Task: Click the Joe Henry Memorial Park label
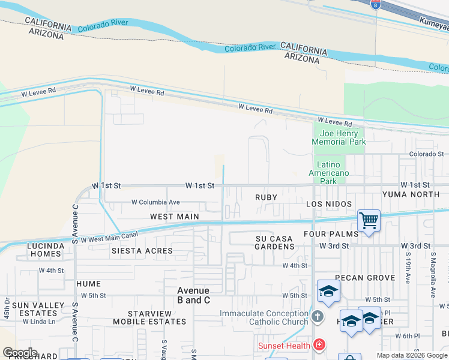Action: point(339,137)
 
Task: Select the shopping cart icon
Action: point(369,220)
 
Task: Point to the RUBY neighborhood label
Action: point(266,197)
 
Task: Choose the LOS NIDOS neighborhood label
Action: point(329,204)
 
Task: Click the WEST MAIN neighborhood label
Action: point(175,216)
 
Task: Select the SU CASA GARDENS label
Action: point(274,243)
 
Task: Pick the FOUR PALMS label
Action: point(331,234)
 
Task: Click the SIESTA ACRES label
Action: point(142,251)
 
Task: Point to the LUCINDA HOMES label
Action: point(46,250)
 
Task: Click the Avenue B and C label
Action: point(193,295)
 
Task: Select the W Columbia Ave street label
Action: point(155,202)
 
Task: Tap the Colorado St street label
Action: point(426,154)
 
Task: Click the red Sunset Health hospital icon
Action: point(319,345)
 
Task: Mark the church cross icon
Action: point(318,316)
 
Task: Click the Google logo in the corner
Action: point(20,352)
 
